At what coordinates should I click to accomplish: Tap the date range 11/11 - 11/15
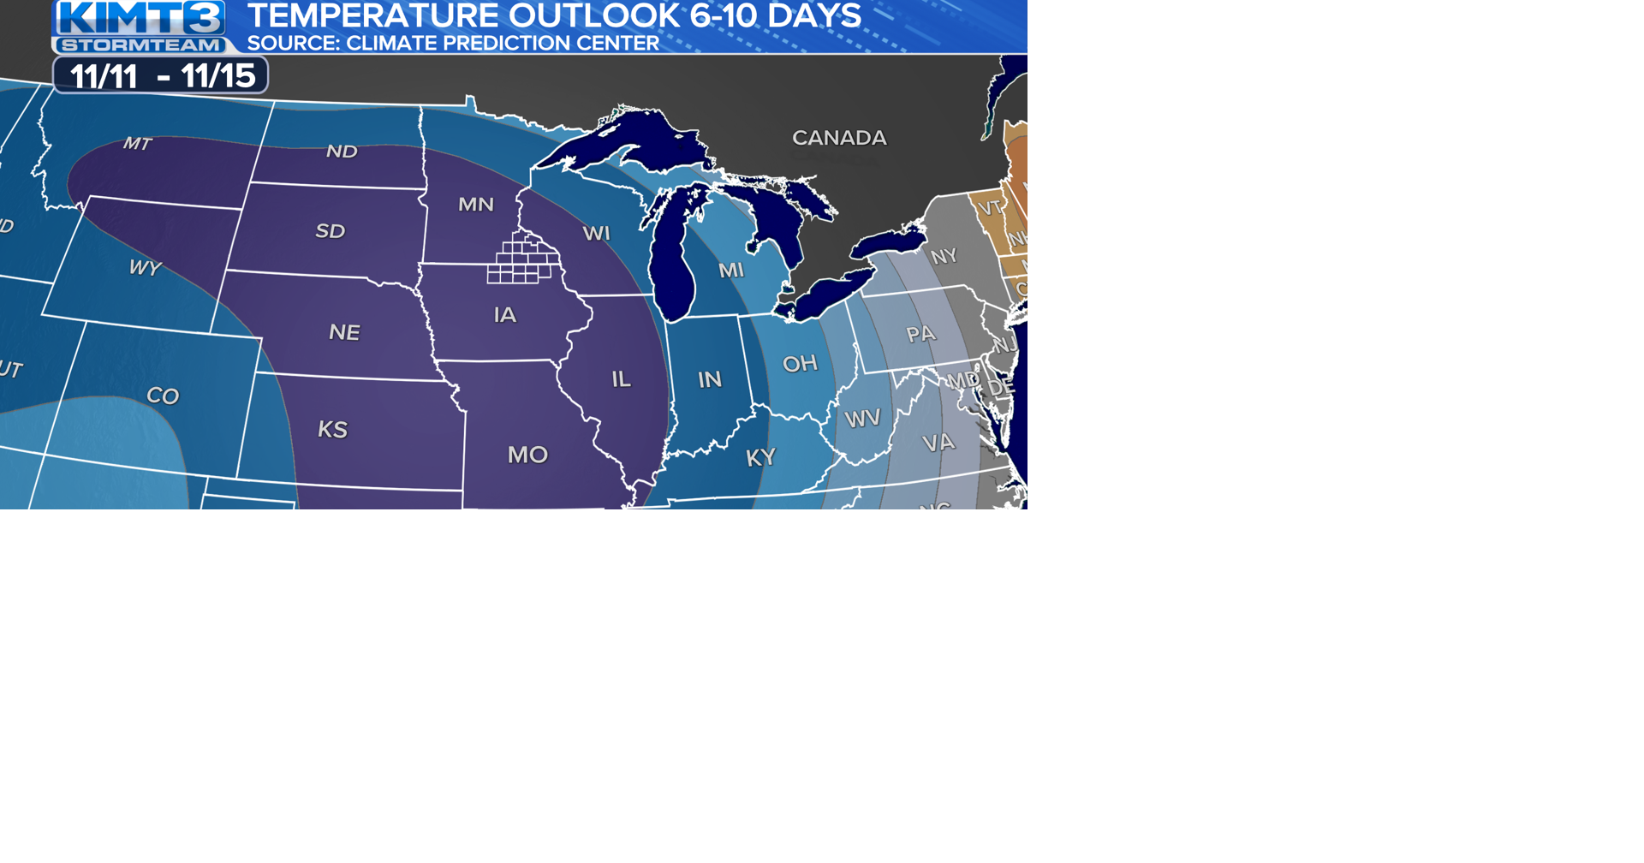click(162, 76)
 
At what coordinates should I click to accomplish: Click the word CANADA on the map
click(838, 138)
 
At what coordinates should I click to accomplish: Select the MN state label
click(475, 205)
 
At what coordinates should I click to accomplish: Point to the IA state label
click(505, 315)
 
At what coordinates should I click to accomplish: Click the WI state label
click(596, 233)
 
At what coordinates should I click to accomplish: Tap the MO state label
click(527, 455)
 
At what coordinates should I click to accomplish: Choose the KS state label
click(332, 429)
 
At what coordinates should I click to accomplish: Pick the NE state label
click(344, 332)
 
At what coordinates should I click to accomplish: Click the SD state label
click(330, 231)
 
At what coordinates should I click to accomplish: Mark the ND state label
click(342, 152)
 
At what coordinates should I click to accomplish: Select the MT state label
click(137, 144)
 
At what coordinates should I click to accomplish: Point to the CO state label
click(163, 396)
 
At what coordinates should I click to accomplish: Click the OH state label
click(800, 364)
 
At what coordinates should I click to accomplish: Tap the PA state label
click(920, 334)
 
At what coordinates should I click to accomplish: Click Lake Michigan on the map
click(670, 265)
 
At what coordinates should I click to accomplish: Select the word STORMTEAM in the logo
click(141, 45)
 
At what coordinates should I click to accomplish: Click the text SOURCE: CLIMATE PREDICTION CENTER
click(453, 44)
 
